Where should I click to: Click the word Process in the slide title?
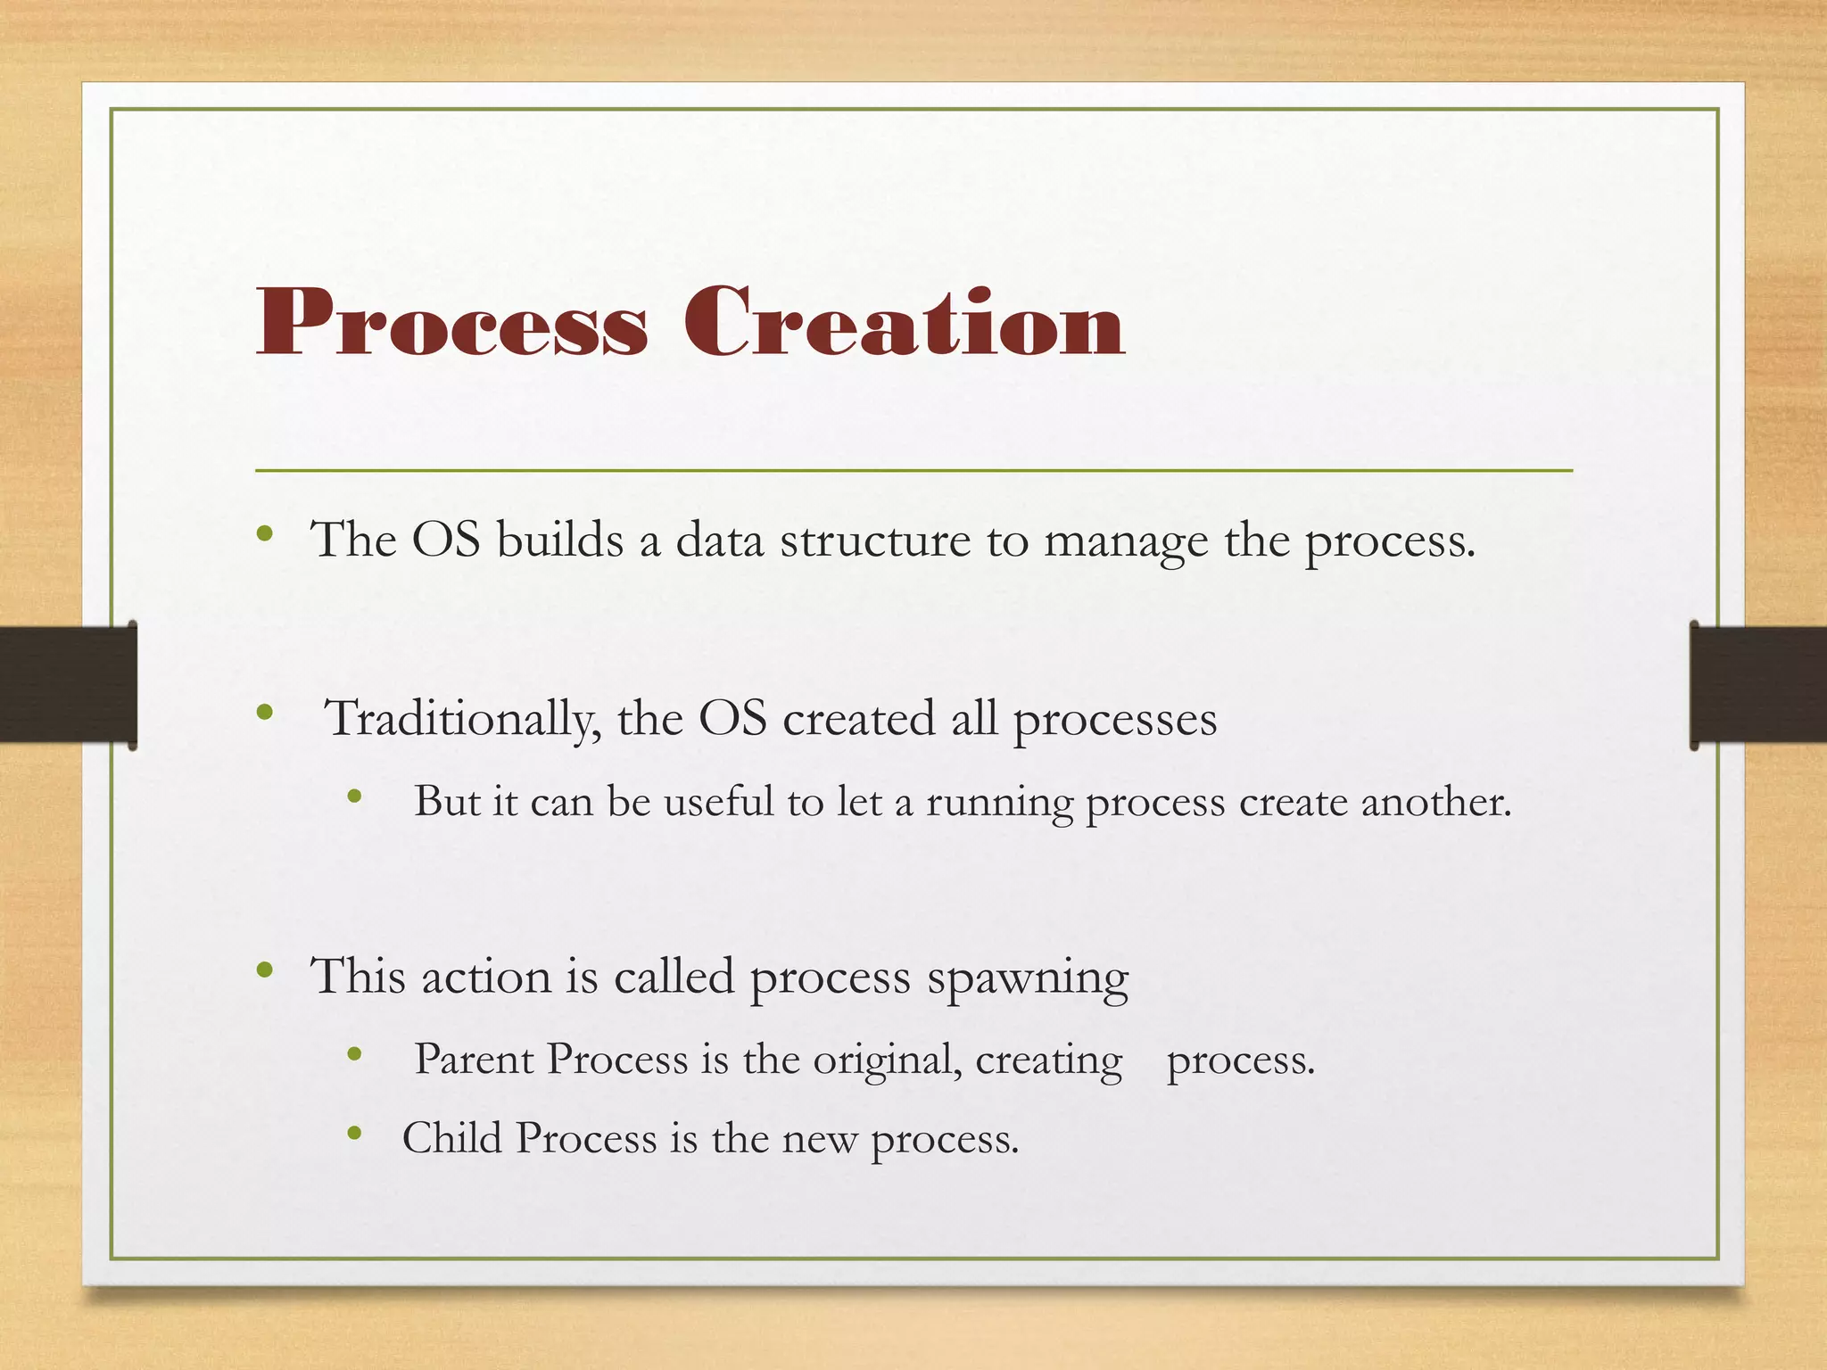451,323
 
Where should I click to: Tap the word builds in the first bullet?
559,541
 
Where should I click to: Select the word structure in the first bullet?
874,541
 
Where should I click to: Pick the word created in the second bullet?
857,719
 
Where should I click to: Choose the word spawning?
1028,978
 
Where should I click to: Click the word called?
674,976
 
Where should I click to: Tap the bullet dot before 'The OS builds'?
264,534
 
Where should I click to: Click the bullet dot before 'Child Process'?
354,1134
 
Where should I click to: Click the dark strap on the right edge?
1758,684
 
